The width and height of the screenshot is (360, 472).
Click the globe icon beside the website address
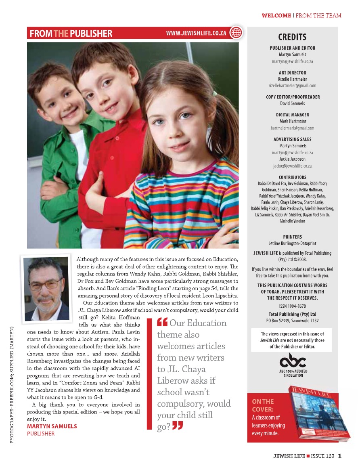(x=236, y=33)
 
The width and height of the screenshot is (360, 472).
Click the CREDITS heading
(x=292, y=37)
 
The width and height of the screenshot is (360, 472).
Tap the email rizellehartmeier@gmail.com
(x=292, y=86)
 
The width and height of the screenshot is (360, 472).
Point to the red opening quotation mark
(x=162, y=323)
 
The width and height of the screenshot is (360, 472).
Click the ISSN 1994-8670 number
(x=292, y=306)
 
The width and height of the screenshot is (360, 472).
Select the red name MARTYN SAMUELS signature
(x=52, y=426)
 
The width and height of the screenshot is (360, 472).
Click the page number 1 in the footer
(x=340, y=456)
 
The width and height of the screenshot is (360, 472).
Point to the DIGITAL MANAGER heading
(x=292, y=115)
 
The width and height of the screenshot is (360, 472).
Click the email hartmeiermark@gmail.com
(x=292, y=128)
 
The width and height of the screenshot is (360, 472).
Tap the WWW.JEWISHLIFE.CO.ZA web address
(x=196, y=33)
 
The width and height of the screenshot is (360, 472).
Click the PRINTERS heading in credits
(x=292, y=237)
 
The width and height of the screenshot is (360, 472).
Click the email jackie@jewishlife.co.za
(x=292, y=166)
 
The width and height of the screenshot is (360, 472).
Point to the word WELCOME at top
(x=276, y=16)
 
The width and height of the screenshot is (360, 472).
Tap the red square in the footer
(x=308, y=456)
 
